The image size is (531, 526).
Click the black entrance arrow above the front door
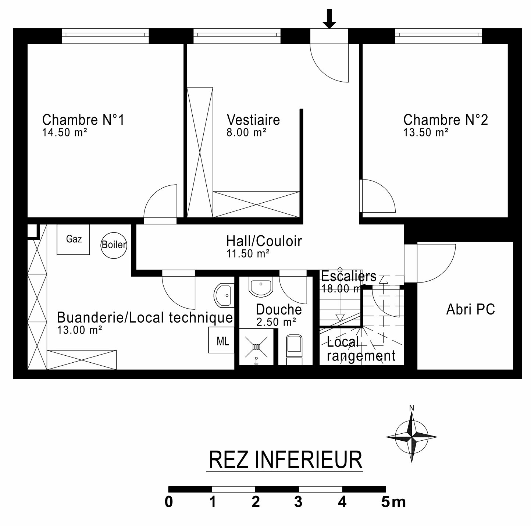click(329, 18)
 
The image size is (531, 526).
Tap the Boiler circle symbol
click(114, 245)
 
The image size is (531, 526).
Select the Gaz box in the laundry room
click(73, 239)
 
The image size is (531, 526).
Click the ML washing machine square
click(221, 340)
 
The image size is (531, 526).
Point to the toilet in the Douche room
click(294, 350)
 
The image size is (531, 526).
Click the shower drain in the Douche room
click(256, 347)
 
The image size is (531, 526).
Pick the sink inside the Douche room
click(261, 287)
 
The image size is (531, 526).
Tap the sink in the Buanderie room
click(224, 295)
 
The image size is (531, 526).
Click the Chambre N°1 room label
click(83, 120)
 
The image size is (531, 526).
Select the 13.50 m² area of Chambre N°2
click(426, 132)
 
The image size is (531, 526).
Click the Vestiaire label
click(253, 120)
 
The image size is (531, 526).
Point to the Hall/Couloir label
click(264, 241)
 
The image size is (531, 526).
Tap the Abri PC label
click(470, 309)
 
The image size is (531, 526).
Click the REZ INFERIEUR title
click(285, 460)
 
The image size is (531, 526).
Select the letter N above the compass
click(412, 408)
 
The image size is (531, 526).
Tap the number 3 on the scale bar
click(299, 502)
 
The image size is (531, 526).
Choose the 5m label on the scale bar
click(393, 502)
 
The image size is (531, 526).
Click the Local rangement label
click(361, 349)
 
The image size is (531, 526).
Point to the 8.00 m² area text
click(246, 132)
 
